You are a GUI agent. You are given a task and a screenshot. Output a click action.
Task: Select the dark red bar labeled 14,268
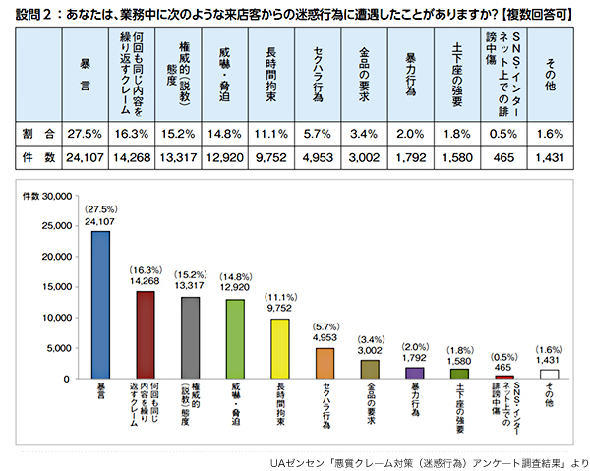pos(146,334)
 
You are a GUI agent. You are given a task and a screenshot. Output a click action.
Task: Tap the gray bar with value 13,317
pos(191,337)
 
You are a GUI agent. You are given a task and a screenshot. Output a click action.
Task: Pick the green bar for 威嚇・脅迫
pos(236,338)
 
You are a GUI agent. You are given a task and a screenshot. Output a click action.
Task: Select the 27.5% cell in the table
pos(84,132)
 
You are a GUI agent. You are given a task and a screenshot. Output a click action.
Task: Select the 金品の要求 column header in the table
pos(365,71)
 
